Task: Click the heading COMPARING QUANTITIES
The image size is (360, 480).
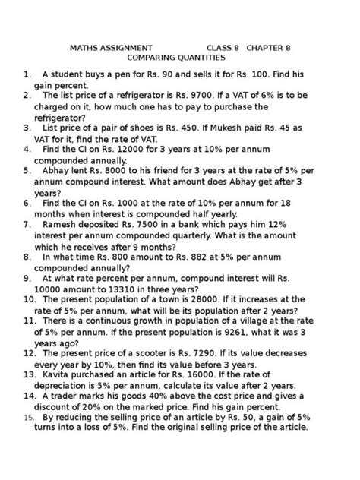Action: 175,58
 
